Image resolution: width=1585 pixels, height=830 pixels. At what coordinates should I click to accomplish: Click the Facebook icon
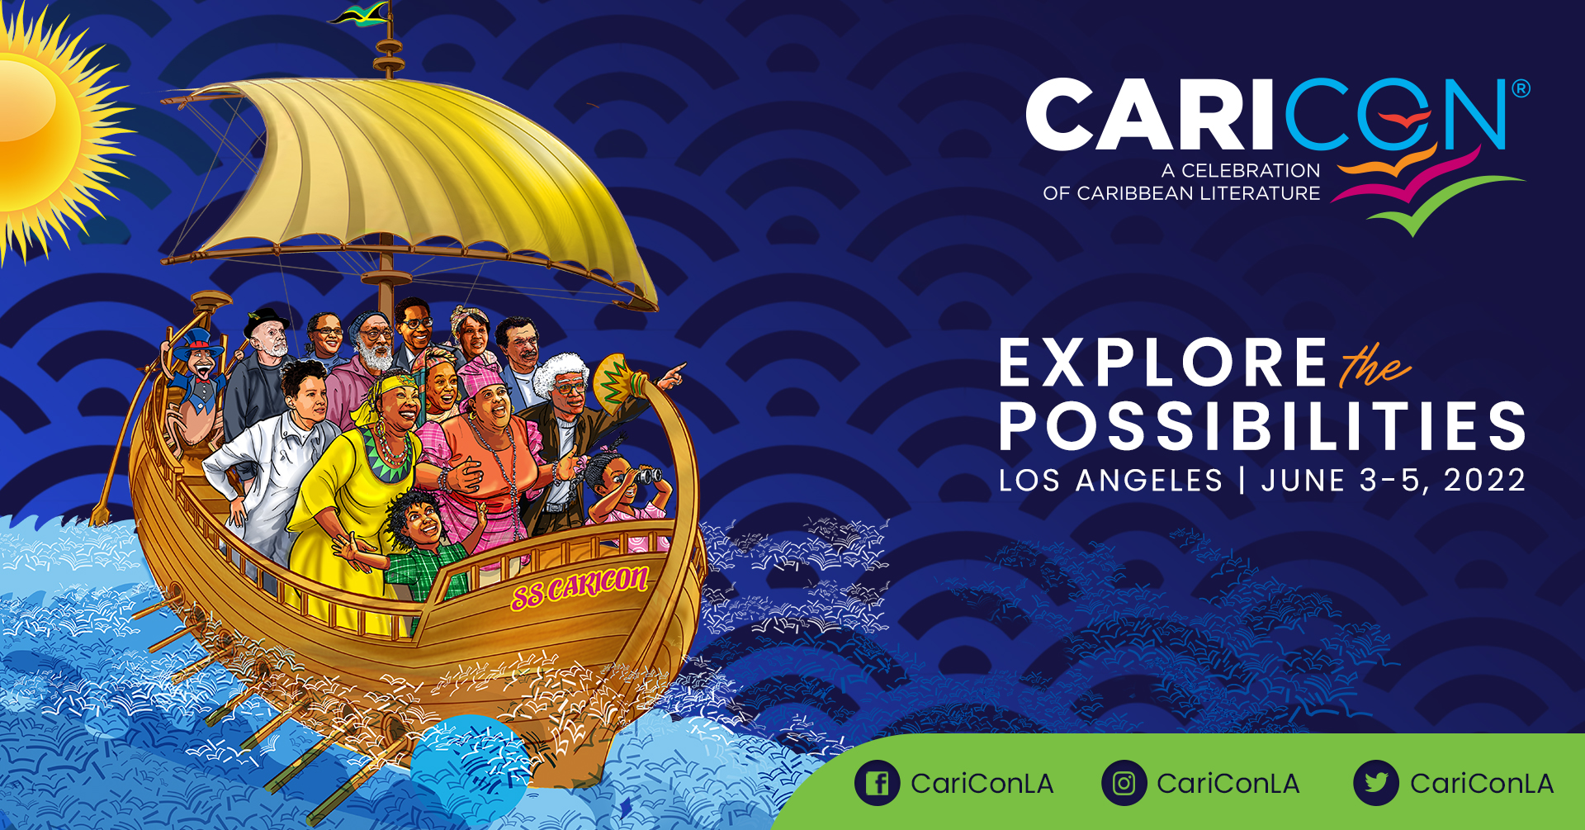[878, 782]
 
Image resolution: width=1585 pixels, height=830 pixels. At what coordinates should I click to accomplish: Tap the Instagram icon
[1124, 782]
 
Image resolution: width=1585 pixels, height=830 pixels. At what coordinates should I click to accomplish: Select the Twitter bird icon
[1376, 782]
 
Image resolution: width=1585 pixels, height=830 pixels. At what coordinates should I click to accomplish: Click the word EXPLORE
[1162, 363]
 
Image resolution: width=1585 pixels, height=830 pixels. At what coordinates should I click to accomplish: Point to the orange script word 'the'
[1374, 364]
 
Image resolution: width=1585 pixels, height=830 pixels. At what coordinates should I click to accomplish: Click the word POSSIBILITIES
[1262, 426]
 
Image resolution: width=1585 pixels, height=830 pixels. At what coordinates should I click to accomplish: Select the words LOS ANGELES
[1110, 481]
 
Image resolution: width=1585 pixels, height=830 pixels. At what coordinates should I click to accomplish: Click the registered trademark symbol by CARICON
[1520, 88]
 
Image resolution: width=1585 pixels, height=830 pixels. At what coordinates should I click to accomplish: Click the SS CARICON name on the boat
[580, 586]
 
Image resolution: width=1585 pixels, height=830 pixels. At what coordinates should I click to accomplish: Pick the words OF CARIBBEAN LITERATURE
[1181, 193]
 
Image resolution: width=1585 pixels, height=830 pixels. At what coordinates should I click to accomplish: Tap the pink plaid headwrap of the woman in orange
[484, 378]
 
